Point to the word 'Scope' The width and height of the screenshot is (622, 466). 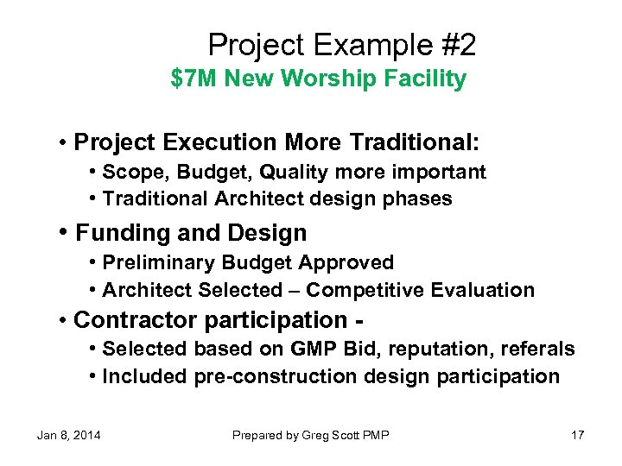point(130,173)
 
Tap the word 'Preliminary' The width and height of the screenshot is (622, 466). point(159,262)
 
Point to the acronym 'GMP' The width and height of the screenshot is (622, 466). point(312,349)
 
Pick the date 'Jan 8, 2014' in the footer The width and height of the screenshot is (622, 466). point(68,435)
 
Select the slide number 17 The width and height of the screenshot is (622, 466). point(578,435)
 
